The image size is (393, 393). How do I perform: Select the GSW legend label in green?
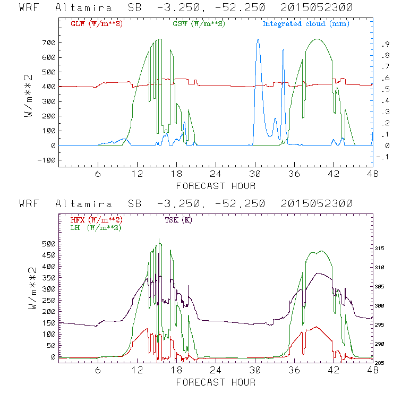199,24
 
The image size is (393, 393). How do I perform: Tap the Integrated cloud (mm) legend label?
306,24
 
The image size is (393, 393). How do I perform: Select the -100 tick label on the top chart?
46,160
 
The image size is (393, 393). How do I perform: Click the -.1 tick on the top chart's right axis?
380,157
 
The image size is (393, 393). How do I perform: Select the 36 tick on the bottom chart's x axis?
294,371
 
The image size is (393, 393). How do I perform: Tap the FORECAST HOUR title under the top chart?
216,186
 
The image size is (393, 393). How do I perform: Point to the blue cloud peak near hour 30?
258,39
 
